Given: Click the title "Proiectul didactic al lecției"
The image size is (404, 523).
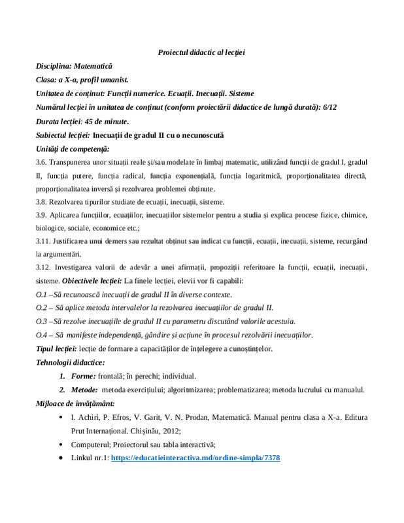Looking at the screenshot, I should pyautogui.click(x=201, y=52).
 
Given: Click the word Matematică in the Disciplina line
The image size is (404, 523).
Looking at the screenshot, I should pyautogui.click(x=93, y=66).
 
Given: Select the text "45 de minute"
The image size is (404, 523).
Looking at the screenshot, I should pyautogui.click(x=103, y=121).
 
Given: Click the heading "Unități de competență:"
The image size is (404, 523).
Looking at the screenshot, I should pyautogui.click(x=73, y=149).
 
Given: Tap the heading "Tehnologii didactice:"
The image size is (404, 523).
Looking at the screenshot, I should pyautogui.click(x=70, y=362).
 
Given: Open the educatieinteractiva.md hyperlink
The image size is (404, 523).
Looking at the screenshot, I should pyautogui.click(x=195, y=458).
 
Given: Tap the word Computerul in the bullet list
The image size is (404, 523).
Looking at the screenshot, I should pyautogui.click(x=90, y=445).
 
